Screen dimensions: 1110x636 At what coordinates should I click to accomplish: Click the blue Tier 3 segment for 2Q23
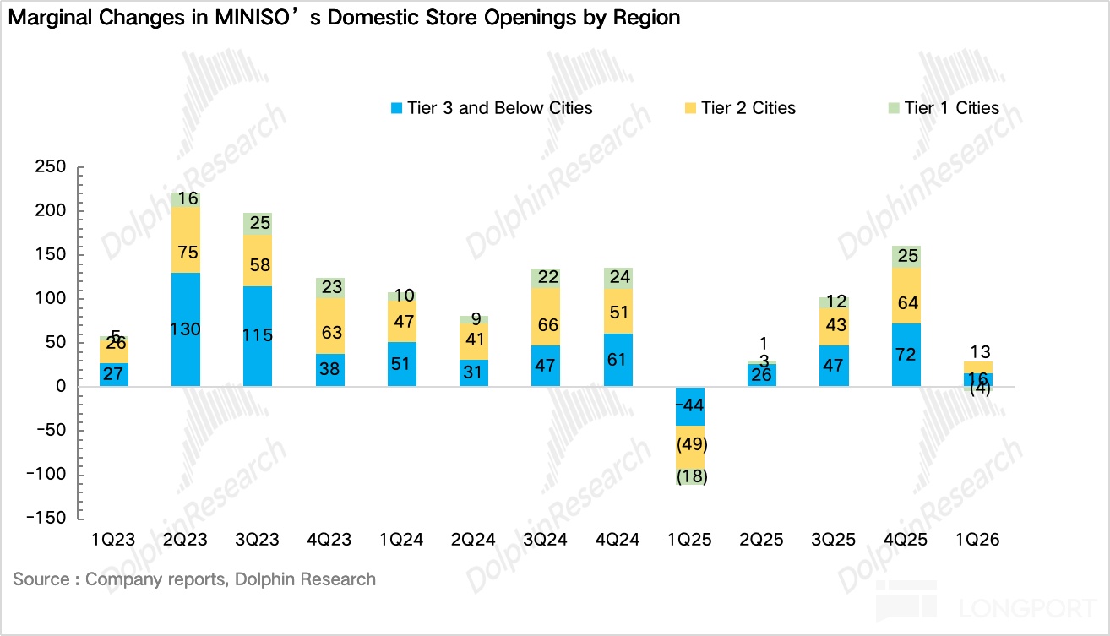pyautogui.click(x=186, y=329)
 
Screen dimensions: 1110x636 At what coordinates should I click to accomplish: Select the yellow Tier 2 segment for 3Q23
pyautogui.click(x=258, y=260)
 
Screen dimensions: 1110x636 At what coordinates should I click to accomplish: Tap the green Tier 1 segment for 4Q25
pyautogui.click(x=906, y=257)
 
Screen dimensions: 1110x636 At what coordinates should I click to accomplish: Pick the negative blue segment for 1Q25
pyautogui.click(x=690, y=406)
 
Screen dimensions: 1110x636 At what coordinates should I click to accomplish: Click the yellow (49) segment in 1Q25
pyautogui.click(x=690, y=448)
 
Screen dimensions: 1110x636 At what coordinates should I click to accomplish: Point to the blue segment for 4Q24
pyautogui.click(x=618, y=360)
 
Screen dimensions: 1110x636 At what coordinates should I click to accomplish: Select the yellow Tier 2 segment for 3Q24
pyautogui.click(x=546, y=317)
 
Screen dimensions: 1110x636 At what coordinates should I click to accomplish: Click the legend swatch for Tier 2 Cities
pyautogui.click(x=690, y=108)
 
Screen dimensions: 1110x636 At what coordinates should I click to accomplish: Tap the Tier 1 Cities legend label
pyautogui.click(x=951, y=108)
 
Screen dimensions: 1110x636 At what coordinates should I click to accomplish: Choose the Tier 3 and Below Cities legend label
pyautogui.click(x=499, y=108)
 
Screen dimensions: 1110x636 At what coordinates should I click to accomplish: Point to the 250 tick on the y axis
pyautogui.click(x=50, y=166)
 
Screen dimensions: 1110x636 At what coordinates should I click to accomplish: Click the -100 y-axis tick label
pyautogui.click(x=46, y=474)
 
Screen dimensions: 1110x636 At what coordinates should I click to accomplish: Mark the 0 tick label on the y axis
pyautogui.click(x=61, y=386)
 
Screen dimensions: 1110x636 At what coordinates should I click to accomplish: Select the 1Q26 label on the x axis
pyautogui.click(x=977, y=540)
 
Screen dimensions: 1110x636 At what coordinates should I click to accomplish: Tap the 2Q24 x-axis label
pyautogui.click(x=473, y=540)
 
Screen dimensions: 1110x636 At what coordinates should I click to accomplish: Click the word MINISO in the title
pyautogui.click(x=252, y=18)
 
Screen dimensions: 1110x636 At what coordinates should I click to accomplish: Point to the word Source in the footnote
pyautogui.click(x=41, y=579)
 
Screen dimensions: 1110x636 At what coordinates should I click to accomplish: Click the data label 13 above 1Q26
pyautogui.click(x=980, y=352)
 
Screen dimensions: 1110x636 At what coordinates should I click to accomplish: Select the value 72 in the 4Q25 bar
pyautogui.click(x=906, y=355)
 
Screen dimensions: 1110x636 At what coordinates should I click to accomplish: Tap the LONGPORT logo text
pyautogui.click(x=1027, y=609)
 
